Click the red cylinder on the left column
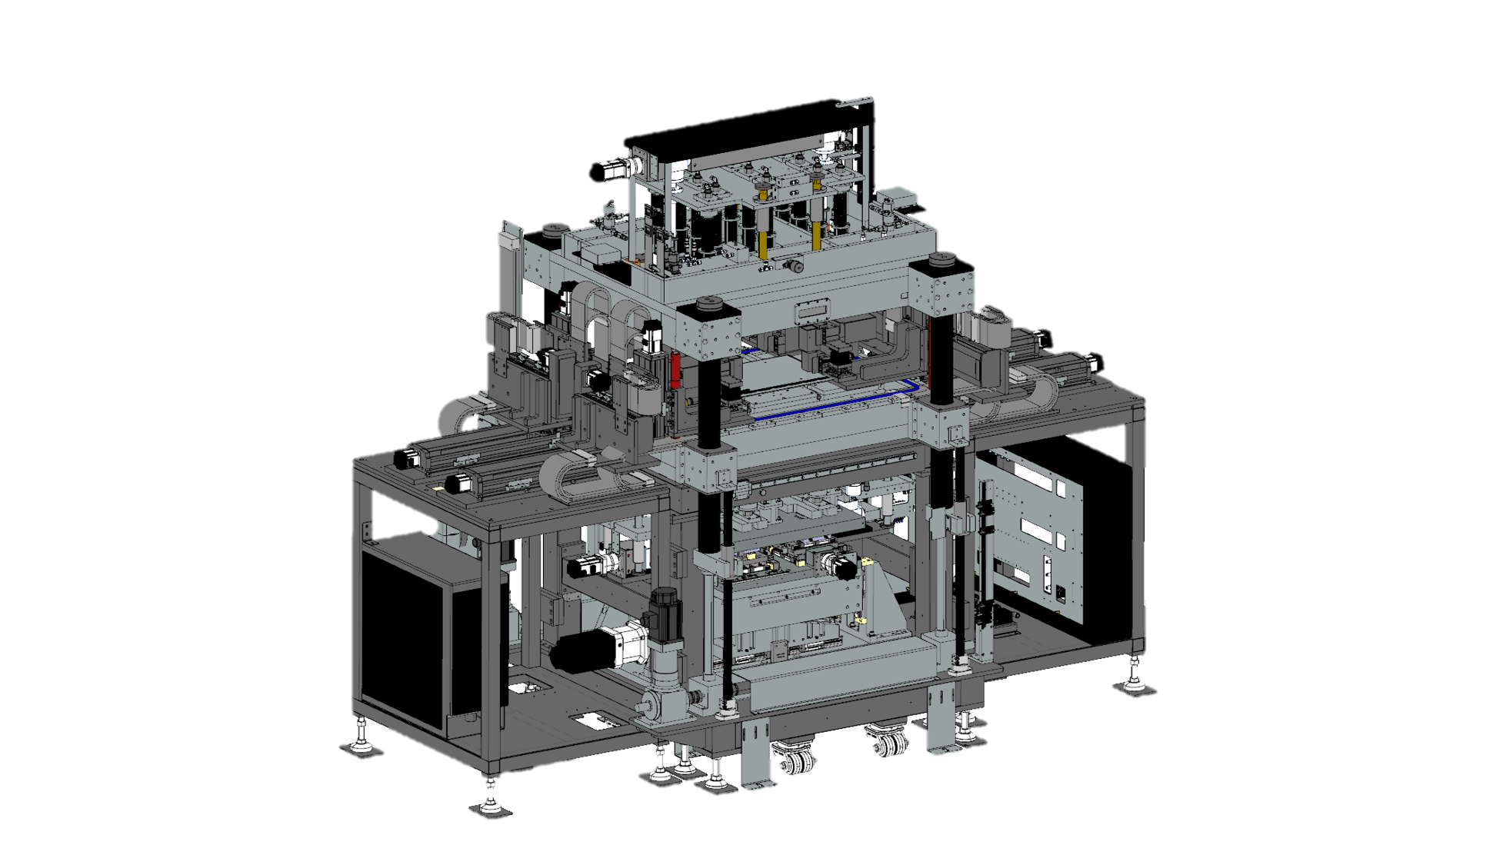(675, 370)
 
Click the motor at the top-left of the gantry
(608, 171)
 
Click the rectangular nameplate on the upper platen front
(813, 310)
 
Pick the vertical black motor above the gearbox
(664, 615)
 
